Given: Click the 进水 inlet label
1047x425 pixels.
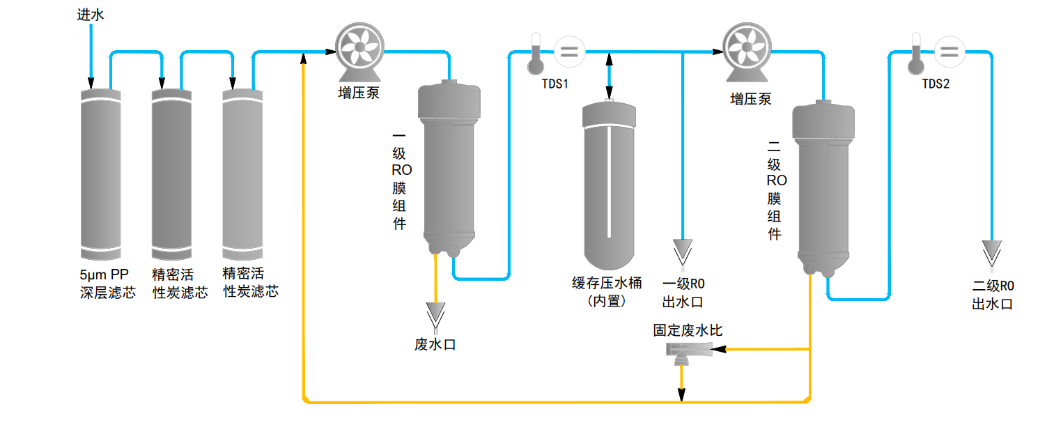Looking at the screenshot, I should tap(91, 15).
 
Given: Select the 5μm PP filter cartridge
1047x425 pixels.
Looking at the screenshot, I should tap(101, 174).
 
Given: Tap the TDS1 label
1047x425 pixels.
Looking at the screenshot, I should tap(555, 84).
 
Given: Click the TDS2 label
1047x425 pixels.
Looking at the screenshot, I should tap(936, 84).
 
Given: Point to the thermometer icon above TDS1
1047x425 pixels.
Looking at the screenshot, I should tap(535, 53).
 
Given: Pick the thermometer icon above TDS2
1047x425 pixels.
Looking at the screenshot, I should tap(915, 53).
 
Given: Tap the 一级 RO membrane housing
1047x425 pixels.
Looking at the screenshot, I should tap(449, 167).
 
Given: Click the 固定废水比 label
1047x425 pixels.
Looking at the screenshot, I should tap(688, 330).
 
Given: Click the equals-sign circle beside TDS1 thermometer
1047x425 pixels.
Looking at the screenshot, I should tap(569, 51).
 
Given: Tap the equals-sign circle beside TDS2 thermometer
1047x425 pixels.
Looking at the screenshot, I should tap(949, 51).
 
